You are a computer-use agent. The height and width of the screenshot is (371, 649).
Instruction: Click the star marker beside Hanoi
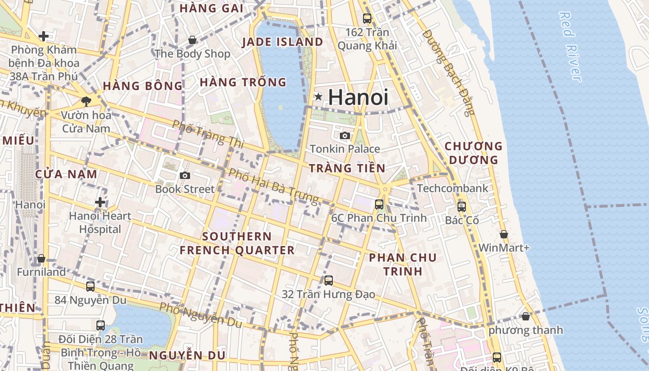pos(318,96)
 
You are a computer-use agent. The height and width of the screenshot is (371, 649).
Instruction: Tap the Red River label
pos(570,46)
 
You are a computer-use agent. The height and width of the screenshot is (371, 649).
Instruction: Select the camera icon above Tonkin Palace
pos(345,135)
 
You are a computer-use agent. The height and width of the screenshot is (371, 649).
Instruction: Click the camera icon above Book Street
pos(185,175)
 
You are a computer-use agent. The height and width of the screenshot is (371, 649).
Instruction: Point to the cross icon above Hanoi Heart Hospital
pos(100,202)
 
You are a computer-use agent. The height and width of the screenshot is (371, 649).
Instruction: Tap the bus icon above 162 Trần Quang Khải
pos(367,19)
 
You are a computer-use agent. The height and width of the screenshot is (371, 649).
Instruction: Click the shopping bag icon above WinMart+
pos(504,234)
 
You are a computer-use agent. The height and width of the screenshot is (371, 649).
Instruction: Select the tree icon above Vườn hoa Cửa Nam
pos(86,101)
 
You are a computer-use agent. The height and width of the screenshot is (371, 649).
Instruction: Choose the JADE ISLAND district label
pos(283,42)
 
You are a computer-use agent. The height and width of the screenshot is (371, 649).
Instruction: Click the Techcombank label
pos(452,188)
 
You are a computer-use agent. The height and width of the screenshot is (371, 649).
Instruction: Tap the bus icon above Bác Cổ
pos(462,207)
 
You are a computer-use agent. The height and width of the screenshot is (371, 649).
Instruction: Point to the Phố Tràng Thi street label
pos(208,134)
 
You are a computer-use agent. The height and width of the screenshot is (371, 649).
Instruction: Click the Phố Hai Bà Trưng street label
pos(274,186)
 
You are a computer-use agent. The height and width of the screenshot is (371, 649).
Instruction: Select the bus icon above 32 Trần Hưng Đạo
pos(329,280)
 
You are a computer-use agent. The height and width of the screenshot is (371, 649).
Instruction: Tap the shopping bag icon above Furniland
pos(41,258)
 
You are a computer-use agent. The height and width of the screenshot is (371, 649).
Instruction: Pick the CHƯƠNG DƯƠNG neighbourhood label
pos(473,153)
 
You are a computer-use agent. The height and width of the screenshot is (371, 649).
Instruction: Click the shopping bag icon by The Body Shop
pos(192,40)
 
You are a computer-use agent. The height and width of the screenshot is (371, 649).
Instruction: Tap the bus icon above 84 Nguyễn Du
pos(90,286)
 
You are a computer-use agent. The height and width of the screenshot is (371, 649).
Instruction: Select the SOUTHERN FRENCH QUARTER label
pos(237,243)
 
